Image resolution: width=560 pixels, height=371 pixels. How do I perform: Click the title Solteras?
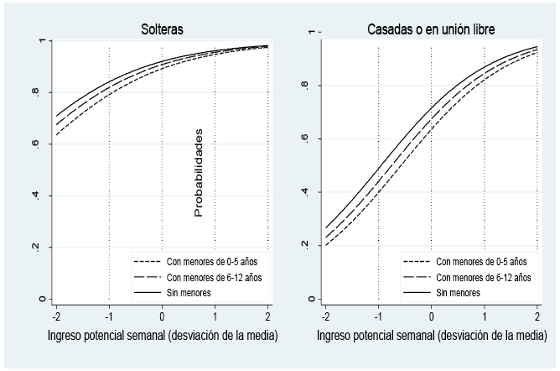(x=162, y=29)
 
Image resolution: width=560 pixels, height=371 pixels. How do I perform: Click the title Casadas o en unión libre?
(x=431, y=29)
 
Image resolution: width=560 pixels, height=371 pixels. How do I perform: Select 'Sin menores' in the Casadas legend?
(x=459, y=293)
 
